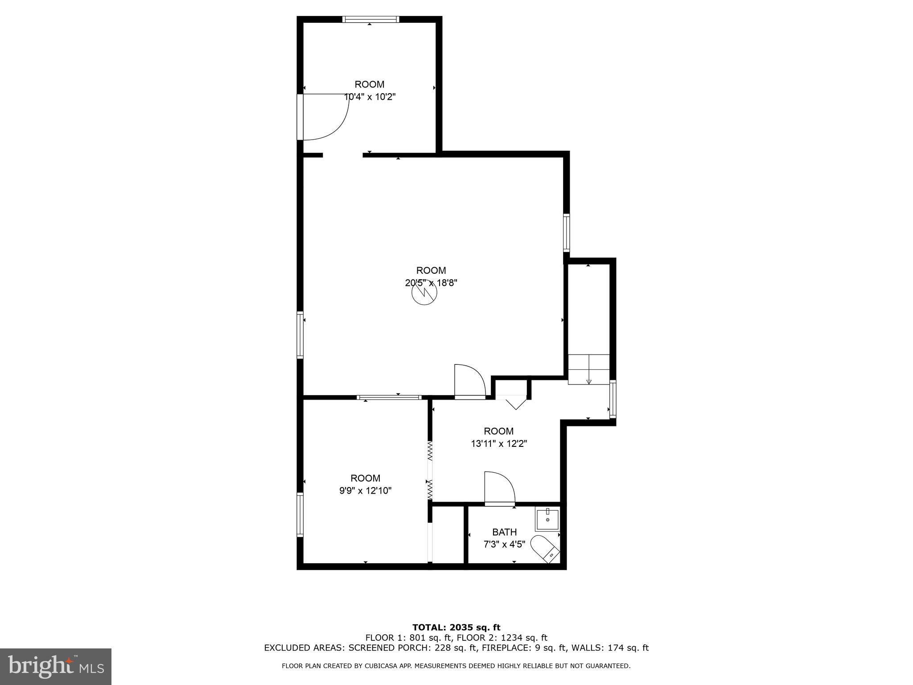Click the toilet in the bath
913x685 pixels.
point(545,549)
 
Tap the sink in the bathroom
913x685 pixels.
point(547,519)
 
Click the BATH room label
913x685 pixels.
point(504,532)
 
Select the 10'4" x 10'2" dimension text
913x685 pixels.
point(370,97)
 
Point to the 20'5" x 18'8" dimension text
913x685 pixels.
point(431,283)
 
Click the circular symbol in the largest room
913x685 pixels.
point(424,293)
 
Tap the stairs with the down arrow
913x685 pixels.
point(588,369)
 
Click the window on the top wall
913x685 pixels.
point(370,19)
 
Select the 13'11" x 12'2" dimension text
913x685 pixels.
point(499,444)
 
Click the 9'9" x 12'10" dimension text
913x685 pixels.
point(365,491)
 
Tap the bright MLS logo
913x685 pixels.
point(56,667)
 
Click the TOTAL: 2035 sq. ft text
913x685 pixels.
point(456,628)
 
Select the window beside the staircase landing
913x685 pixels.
point(613,399)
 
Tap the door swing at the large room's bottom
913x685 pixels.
point(469,381)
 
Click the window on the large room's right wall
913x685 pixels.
point(566,232)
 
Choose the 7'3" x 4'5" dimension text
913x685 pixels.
point(504,545)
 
